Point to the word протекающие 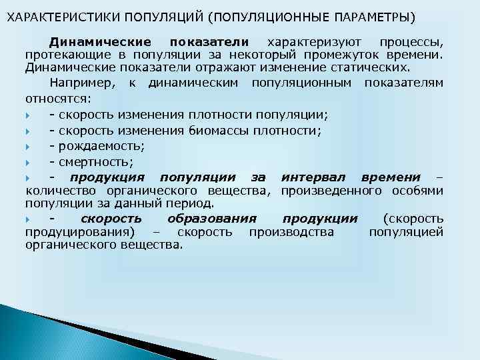[x=67, y=55]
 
